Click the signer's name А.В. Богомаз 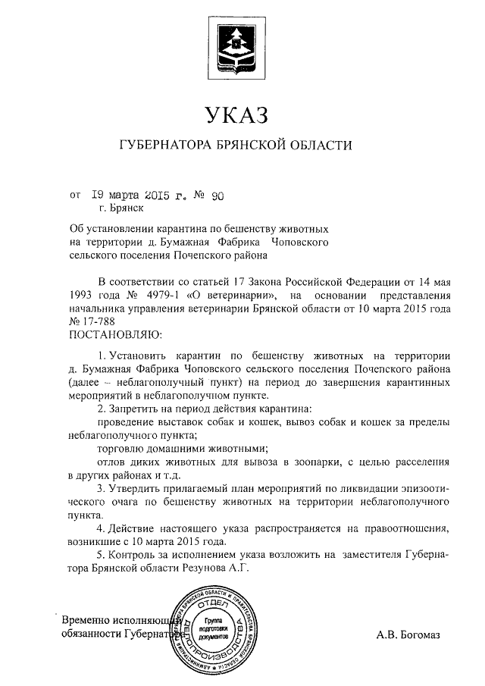408,634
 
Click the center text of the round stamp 214,628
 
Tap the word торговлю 121,447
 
